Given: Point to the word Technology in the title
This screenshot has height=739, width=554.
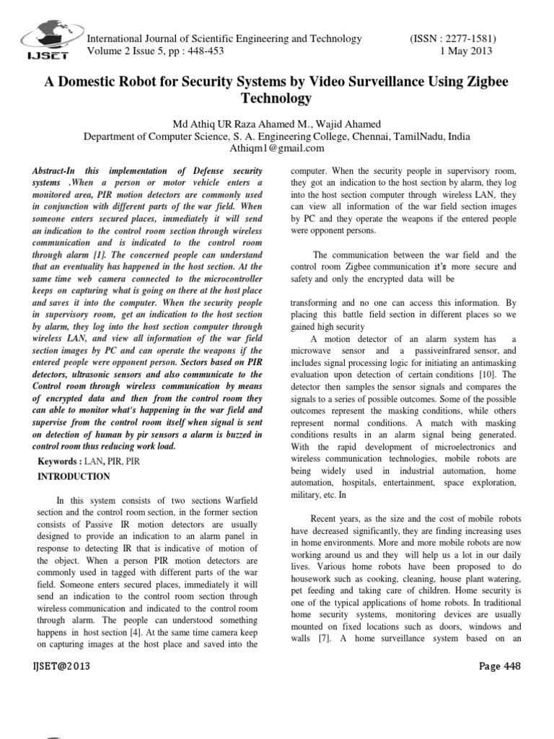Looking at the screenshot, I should coord(277,98).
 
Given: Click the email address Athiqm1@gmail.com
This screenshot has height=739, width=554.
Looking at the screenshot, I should coord(277,148).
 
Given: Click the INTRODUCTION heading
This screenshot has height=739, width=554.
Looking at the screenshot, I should coord(74,477).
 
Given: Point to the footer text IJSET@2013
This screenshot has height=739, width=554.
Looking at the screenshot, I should coord(61,665).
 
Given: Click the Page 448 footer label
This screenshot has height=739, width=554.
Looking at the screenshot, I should coord(499,665).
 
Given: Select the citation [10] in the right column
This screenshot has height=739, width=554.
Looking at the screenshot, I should coord(488,375).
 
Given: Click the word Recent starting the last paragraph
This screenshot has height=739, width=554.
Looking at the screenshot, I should coord(325,519).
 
